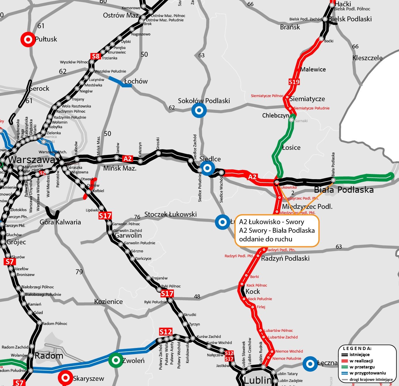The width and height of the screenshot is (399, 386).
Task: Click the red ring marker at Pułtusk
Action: point(28,39)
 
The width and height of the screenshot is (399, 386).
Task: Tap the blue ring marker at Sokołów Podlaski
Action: point(199,110)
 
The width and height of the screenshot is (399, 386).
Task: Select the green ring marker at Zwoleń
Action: point(116,360)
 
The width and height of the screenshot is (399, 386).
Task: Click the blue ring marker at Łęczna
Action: point(310,364)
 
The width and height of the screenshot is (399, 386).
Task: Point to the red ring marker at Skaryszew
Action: point(65,378)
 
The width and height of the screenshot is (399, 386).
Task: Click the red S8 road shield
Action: point(96,56)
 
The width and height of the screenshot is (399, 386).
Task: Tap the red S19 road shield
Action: point(294,82)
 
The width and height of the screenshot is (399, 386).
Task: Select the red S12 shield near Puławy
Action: point(166,332)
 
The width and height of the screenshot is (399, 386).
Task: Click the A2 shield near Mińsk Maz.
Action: point(128,159)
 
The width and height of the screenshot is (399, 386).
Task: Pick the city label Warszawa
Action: point(32,160)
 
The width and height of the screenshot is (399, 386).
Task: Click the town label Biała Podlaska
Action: point(344,190)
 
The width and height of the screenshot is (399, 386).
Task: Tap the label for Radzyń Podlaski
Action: point(285,258)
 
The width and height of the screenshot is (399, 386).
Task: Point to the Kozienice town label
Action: point(109,302)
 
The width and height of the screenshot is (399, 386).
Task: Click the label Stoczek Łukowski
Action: point(170,214)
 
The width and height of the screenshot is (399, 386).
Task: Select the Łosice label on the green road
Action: point(291,147)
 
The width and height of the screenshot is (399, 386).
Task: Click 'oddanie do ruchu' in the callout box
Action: point(265,239)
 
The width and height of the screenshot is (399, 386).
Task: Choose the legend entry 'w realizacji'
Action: point(361,361)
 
